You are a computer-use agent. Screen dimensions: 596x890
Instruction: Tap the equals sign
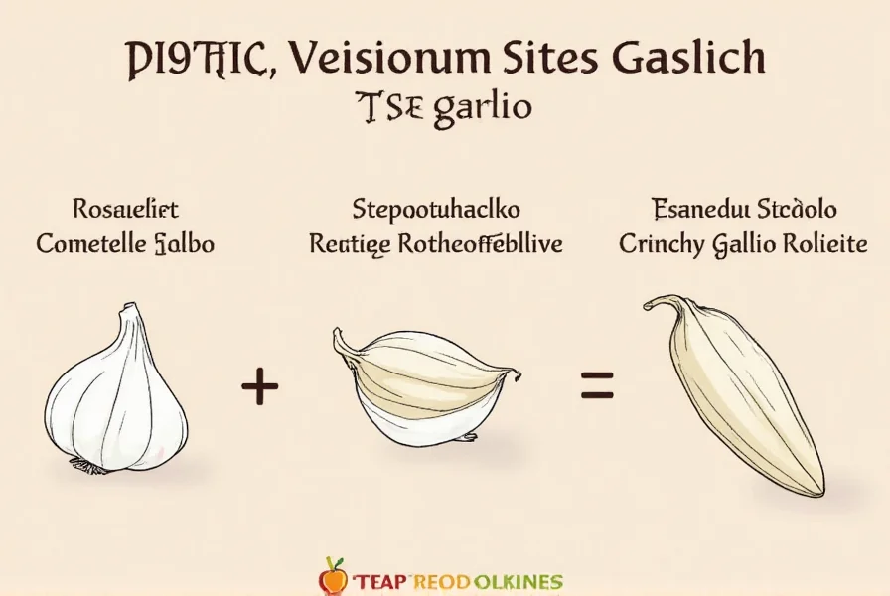tap(597, 384)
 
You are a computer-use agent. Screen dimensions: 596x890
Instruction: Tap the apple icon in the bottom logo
tap(333, 575)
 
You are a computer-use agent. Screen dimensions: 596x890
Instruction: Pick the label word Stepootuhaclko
tap(436, 210)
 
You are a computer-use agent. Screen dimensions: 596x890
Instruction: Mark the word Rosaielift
tap(126, 210)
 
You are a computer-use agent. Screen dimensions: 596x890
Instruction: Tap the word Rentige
tap(346, 244)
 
